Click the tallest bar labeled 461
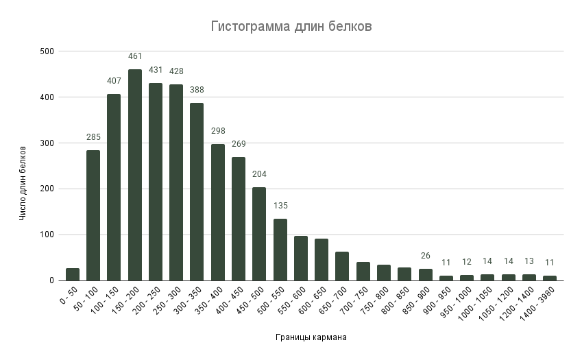coord(135,175)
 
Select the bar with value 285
coord(93,215)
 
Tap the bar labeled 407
coord(114,187)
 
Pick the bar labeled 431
coord(156,182)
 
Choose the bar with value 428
coord(176,182)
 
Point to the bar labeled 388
coord(197,191)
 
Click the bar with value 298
coord(217,212)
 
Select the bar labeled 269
coord(239,219)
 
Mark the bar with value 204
coord(259,234)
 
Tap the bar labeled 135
coord(280,250)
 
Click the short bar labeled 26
coord(426,274)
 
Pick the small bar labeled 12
coord(467,278)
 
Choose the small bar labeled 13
coord(529,277)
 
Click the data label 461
coord(135,56)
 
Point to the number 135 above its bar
coord(280,206)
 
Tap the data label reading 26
coord(426,256)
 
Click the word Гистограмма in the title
coord(241,27)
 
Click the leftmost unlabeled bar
coord(73,274)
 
